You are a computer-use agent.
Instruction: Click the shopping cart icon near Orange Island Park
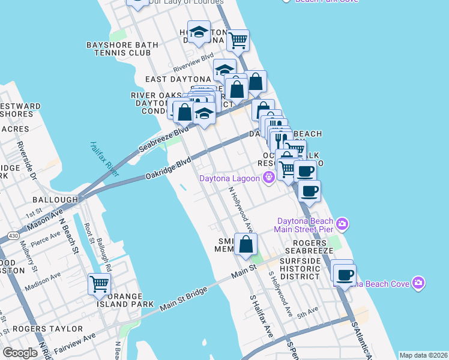tap(99, 284)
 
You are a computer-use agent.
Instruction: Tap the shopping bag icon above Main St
tap(246, 244)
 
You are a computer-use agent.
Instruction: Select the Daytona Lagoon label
tap(230, 178)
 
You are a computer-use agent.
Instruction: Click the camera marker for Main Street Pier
tap(342, 224)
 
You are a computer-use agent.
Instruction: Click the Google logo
tap(20, 353)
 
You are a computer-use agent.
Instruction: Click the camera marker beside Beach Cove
tap(418, 282)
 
